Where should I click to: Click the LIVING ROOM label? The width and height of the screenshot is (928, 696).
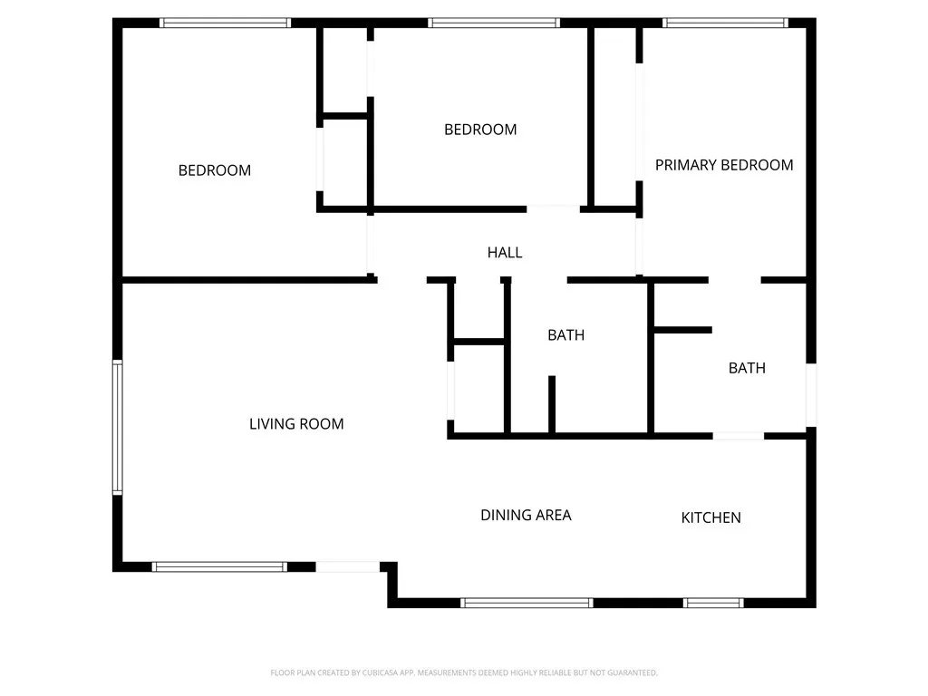[x=296, y=423]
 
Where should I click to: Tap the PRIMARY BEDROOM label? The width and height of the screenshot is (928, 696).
[x=724, y=165]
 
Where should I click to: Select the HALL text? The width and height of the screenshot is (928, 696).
[x=505, y=253]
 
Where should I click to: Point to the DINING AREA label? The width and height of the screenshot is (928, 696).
[x=526, y=515]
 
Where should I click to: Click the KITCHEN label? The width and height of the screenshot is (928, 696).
[x=711, y=517]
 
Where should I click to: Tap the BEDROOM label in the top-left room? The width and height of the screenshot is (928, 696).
[x=215, y=170]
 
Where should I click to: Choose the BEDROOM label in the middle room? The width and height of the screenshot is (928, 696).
[x=480, y=130]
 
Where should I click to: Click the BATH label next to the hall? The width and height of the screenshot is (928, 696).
[x=565, y=335]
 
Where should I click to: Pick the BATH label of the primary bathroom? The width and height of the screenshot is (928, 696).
[x=747, y=368]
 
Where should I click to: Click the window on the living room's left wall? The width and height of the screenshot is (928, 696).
[x=117, y=427]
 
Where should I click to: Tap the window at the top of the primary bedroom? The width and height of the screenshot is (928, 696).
[x=725, y=23]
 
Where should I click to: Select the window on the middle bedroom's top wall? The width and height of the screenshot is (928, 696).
[x=494, y=23]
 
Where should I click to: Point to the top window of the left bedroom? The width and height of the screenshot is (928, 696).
[x=225, y=23]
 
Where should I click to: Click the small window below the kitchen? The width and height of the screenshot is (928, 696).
[x=713, y=602]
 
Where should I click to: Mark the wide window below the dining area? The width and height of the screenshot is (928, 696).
[x=527, y=602]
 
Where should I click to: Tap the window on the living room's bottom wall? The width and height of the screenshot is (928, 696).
[x=219, y=566]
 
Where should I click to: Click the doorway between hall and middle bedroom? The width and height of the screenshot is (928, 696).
[x=554, y=208]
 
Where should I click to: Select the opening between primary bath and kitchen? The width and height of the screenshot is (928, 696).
[x=738, y=436]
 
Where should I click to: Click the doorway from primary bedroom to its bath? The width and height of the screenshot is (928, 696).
[x=734, y=280]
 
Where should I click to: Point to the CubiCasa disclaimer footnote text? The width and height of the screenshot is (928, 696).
[x=464, y=672]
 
